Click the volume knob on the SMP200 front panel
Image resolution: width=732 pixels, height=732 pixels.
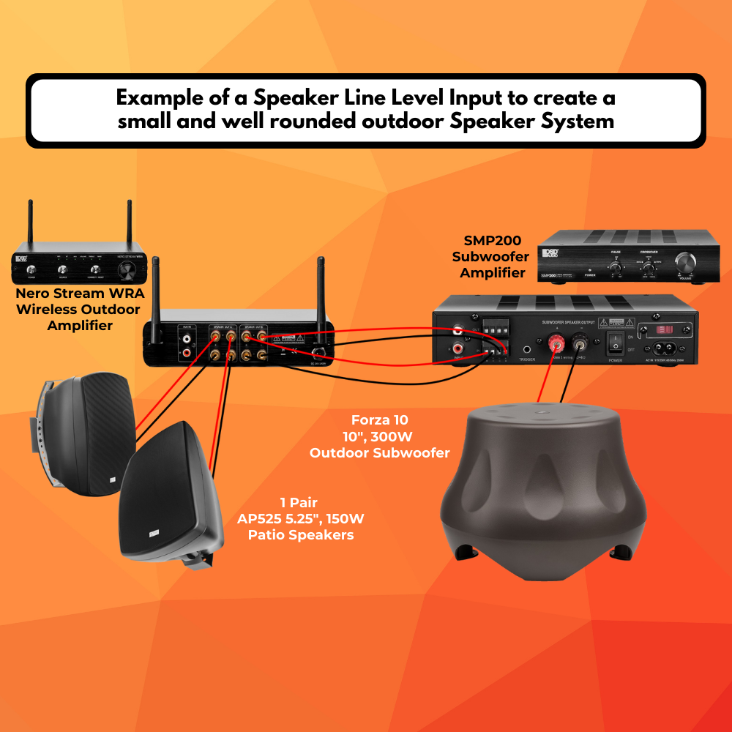click(x=687, y=263)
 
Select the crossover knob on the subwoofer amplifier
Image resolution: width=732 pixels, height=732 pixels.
click(x=648, y=266)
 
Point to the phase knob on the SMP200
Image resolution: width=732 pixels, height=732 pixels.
click(x=616, y=268)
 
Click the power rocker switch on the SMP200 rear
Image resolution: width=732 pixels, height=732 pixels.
click(x=617, y=338)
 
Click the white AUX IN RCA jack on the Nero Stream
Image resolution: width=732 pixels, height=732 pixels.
click(x=187, y=339)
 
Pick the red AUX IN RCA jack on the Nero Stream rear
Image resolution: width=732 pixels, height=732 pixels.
click(x=187, y=353)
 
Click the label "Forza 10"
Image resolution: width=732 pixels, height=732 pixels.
click(x=380, y=420)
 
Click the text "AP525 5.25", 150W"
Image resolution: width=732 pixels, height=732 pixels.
click(x=301, y=519)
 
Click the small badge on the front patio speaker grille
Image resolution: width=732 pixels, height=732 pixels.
click(x=152, y=532)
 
